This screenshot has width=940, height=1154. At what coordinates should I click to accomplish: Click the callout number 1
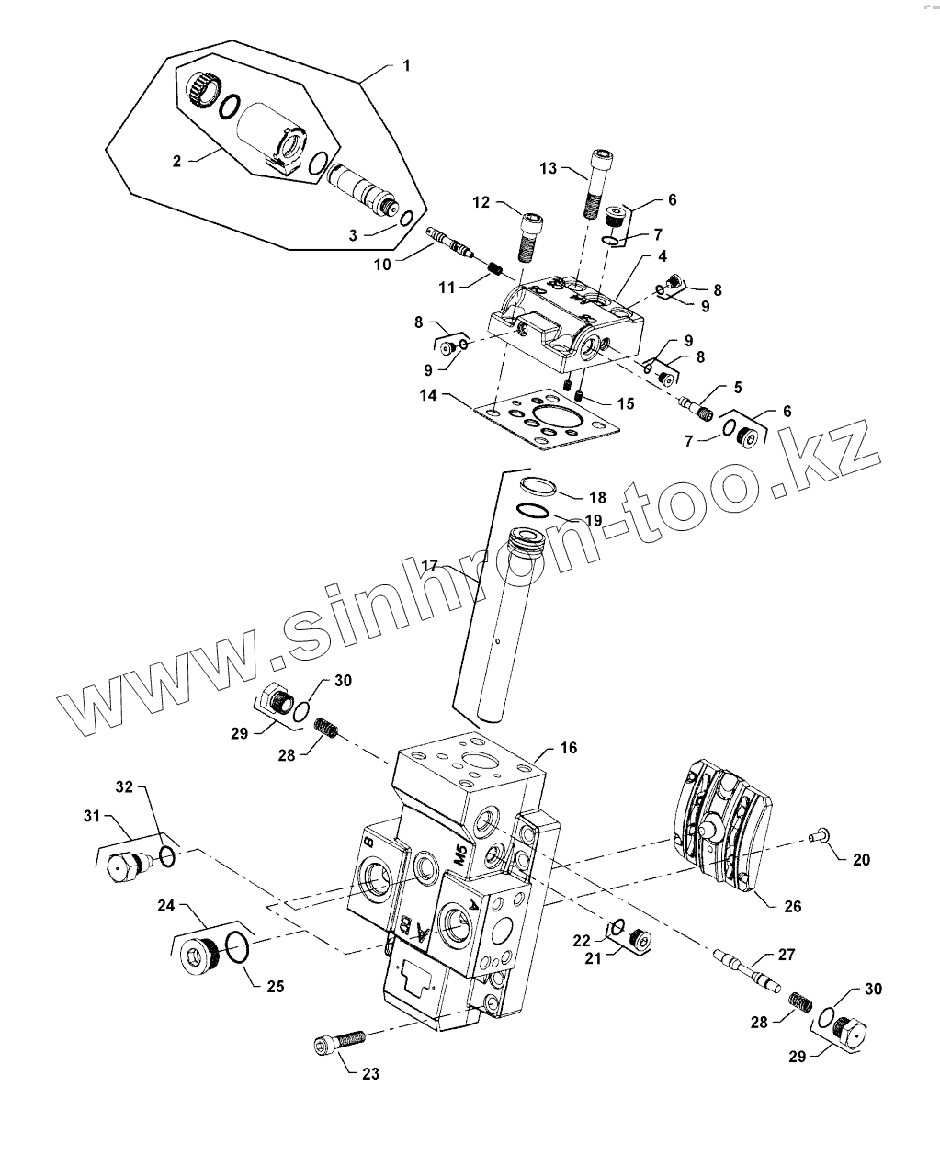405,65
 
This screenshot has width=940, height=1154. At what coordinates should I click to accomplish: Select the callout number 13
549,168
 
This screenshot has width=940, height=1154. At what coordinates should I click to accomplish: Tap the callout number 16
569,748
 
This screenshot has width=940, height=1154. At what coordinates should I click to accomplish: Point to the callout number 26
792,906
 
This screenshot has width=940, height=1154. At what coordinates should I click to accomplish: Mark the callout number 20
860,860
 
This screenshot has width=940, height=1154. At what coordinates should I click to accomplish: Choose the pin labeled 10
450,242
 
